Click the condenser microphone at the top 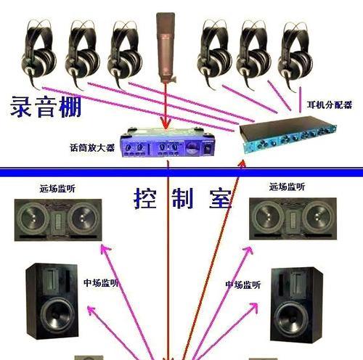[x=166, y=47]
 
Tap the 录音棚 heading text [x=46, y=107]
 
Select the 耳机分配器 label [x=330, y=105]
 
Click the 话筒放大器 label [x=92, y=148]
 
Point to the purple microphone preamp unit [x=168, y=142]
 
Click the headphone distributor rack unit [x=288, y=134]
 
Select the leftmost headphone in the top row [x=38, y=54]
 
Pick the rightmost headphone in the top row [x=295, y=57]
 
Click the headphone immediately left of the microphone [x=125, y=54]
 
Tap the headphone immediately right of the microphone [x=214, y=54]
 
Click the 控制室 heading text [x=183, y=199]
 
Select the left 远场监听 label [x=57, y=189]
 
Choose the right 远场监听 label [x=287, y=187]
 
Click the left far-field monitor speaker [x=58, y=220]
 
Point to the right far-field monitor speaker [x=293, y=218]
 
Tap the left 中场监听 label [x=101, y=282]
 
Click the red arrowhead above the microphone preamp [x=166, y=123]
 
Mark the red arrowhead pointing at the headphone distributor [x=242, y=165]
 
